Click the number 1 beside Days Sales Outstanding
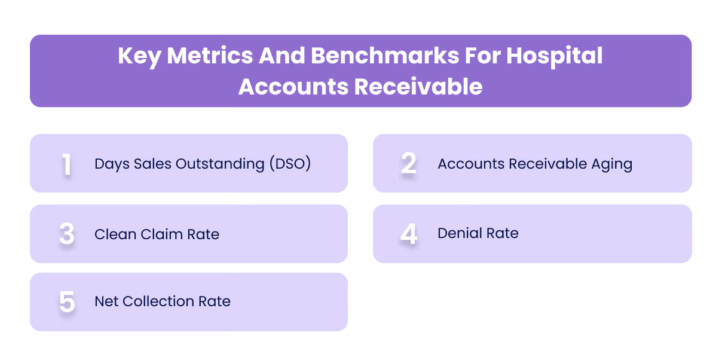[66, 164]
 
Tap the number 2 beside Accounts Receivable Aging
[409, 163]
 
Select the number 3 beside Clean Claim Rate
[67, 234]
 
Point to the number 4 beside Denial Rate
[409, 234]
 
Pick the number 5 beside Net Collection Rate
[67, 302]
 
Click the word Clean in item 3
[114, 234]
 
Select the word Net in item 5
[106, 301]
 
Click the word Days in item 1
[112, 164]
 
